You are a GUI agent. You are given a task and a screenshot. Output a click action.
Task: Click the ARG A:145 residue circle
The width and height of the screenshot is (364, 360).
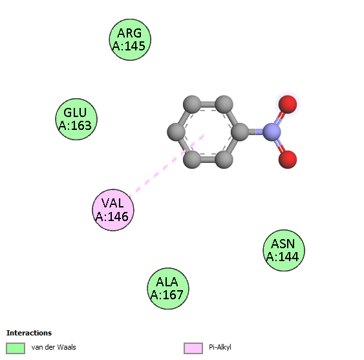[130, 39]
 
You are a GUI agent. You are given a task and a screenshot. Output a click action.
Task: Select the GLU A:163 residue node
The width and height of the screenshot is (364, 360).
[76, 119]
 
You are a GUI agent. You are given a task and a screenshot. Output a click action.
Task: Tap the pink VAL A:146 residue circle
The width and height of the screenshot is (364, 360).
[113, 210]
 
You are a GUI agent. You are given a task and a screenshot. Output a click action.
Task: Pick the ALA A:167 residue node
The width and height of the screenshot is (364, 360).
[168, 288]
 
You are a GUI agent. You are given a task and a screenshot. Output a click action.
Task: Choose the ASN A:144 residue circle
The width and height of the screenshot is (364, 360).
[284, 250]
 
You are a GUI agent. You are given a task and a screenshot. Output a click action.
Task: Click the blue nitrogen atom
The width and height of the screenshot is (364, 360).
[272, 132]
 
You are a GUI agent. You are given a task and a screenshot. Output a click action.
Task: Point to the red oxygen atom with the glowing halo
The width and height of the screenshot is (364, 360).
[288, 104]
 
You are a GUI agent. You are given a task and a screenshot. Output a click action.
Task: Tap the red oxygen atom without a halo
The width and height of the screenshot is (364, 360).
[288, 160]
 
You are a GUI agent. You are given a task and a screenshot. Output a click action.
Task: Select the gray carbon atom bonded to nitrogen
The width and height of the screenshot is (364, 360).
[240, 132]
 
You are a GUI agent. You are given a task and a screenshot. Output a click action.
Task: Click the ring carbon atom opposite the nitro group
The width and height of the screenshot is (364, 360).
[177, 132]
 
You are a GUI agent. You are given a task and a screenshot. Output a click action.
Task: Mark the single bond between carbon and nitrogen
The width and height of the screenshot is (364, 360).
[255, 132]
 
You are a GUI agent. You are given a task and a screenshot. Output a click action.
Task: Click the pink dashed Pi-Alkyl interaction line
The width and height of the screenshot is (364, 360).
[166, 165]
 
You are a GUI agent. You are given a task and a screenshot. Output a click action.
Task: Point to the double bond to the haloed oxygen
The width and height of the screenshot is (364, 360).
[280, 118]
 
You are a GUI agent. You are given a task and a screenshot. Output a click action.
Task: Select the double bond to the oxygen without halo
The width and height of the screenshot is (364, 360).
[280, 146]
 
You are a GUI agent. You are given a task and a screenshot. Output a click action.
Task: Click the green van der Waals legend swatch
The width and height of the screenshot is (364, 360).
[16, 348]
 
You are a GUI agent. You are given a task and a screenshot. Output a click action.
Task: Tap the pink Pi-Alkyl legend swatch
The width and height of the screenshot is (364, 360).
[193, 348]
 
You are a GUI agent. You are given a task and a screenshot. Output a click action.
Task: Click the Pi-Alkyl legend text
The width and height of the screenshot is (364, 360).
[220, 348]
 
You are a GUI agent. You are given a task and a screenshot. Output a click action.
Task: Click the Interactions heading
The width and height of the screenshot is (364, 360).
[29, 333]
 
